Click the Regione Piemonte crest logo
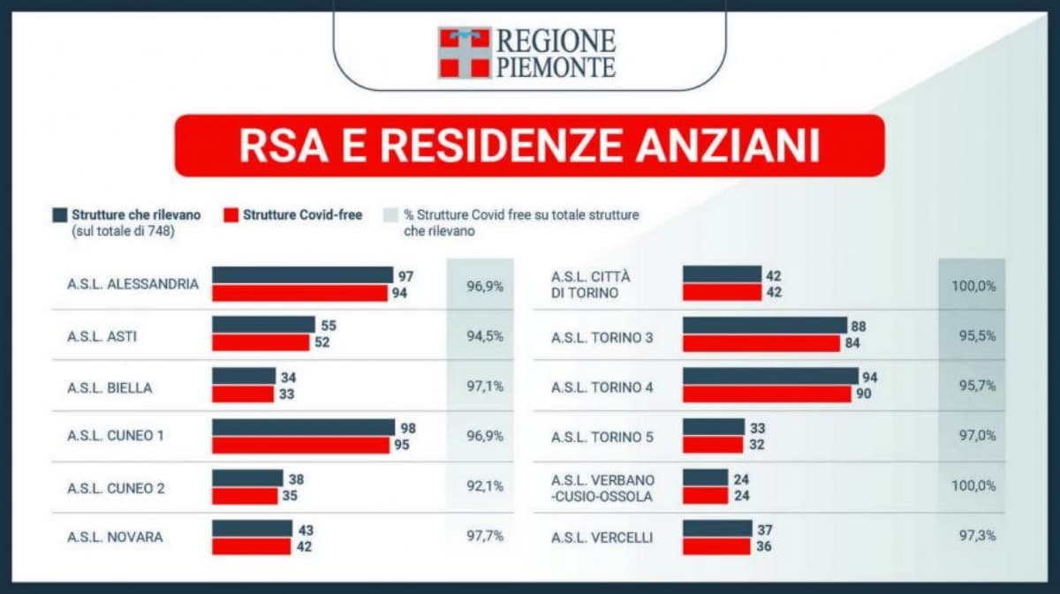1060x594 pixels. coord(464,52)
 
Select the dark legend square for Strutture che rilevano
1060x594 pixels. coord(60,214)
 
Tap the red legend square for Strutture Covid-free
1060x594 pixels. coord(231,214)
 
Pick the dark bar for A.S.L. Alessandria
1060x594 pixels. coord(302,275)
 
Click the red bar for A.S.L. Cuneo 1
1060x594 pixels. coord(300,445)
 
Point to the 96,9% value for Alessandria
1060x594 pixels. coord(484,285)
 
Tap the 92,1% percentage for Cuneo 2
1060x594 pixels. coord(484,486)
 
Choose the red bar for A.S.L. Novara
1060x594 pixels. coord(251,546)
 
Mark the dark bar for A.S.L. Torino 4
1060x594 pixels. coord(769,377)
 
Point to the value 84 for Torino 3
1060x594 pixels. coord(852,343)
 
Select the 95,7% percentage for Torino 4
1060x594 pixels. coord(972,387)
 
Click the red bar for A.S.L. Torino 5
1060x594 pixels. coord(712,445)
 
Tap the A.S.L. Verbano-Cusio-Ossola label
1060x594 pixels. coord(602,487)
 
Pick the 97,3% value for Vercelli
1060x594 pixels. coord(972,537)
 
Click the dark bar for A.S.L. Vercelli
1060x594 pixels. coord(717,528)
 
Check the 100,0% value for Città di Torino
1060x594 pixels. coord(972,285)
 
